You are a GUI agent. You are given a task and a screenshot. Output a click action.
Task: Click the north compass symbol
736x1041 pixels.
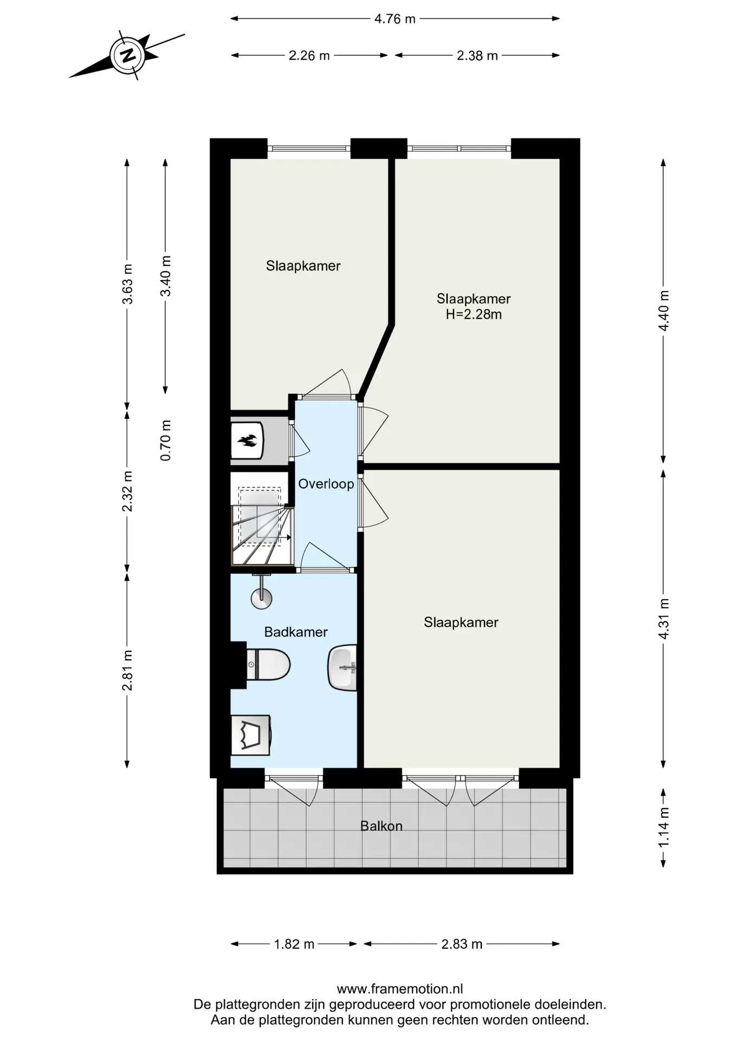[127, 56]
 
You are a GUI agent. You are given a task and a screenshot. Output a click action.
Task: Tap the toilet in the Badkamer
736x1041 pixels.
[268, 664]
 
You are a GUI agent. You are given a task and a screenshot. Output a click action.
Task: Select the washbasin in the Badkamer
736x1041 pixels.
[343, 667]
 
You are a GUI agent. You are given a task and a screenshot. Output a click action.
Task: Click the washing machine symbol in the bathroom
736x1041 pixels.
[250, 735]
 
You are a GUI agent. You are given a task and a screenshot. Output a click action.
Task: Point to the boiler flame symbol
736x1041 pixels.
[248, 441]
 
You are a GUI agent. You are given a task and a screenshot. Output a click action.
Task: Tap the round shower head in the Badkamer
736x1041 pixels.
[261, 599]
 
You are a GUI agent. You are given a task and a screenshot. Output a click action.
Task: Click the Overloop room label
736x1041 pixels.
[326, 484]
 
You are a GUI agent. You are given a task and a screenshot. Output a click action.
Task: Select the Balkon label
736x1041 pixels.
[382, 826]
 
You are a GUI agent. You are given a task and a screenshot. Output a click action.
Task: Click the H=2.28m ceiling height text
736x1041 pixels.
[474, 314]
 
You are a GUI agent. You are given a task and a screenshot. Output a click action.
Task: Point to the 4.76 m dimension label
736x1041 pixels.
[395, 19]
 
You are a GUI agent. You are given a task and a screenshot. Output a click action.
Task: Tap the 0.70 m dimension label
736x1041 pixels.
[166, 440]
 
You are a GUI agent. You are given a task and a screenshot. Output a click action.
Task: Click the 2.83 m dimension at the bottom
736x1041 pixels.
[462, 944]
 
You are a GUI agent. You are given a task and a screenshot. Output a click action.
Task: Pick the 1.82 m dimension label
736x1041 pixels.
[294, 944]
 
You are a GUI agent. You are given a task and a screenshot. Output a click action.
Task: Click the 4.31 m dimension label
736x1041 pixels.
[664, 619]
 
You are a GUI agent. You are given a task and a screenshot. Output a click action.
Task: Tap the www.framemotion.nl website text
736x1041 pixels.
[400, 989]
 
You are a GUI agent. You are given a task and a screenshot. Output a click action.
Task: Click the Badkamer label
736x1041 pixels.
[296, 632]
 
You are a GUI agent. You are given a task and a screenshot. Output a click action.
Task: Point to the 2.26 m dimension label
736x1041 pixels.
[309, 55]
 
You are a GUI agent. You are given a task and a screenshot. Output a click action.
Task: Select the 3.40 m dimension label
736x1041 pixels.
[166, 276]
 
